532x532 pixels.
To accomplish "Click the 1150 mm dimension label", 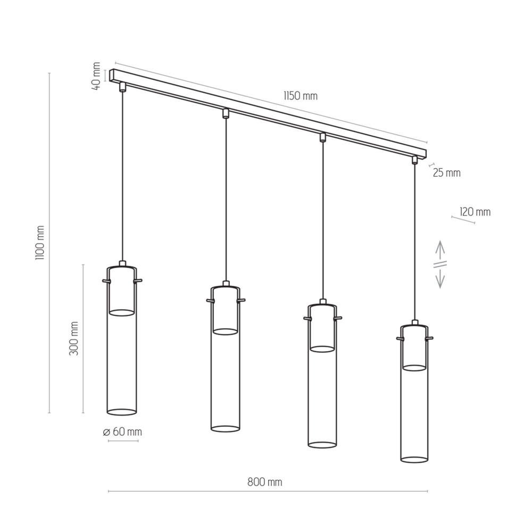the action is click(301, 96).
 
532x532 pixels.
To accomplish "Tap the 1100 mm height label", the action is click(40, 243).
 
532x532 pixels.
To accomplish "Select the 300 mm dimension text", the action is click(73, 338).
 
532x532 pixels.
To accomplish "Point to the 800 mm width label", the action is click(264, 482).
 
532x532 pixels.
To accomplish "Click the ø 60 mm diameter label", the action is click(122, 432).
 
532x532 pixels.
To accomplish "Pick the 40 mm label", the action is click(96, 76).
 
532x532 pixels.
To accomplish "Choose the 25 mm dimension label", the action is click(447, 173).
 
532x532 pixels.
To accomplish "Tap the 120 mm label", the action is click(475, 212).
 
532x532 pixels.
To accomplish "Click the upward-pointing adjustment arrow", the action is click(440, 251).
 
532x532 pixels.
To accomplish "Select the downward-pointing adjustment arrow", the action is click(440, 278).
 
